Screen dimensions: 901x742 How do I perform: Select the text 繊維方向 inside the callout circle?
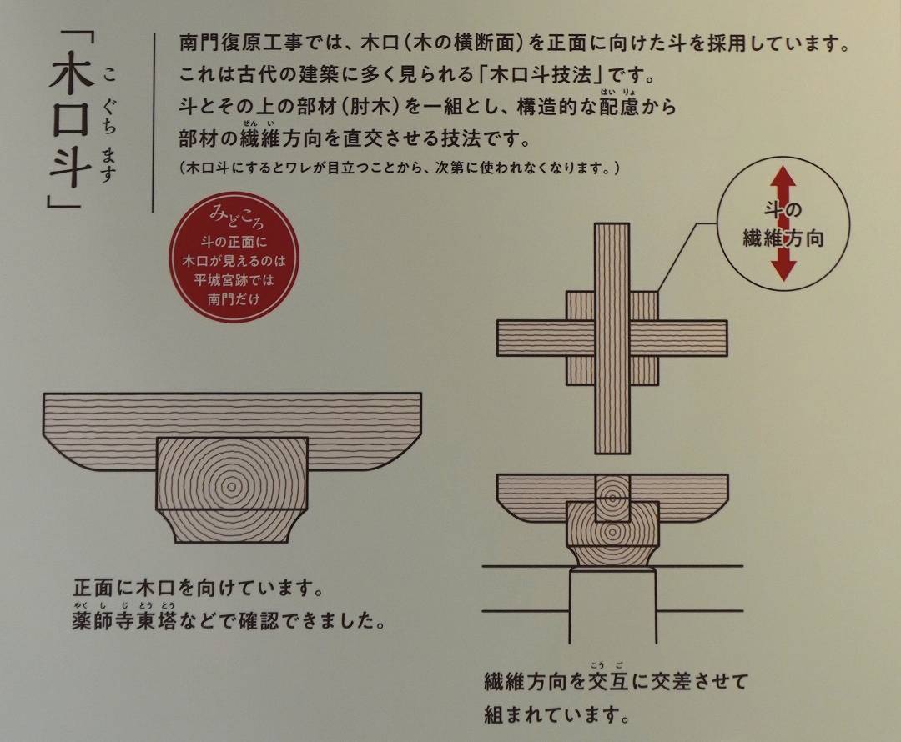[x=783, y=238]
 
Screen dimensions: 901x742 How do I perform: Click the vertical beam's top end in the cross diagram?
[x=612, y=223]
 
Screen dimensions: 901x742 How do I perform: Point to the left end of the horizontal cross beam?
[x=497, y=338]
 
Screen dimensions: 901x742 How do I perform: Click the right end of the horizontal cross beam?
[x=727, y=338]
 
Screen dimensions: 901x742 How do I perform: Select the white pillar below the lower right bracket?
[x=613, y=606]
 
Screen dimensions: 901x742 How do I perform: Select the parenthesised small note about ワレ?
[x=400, y=168]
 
